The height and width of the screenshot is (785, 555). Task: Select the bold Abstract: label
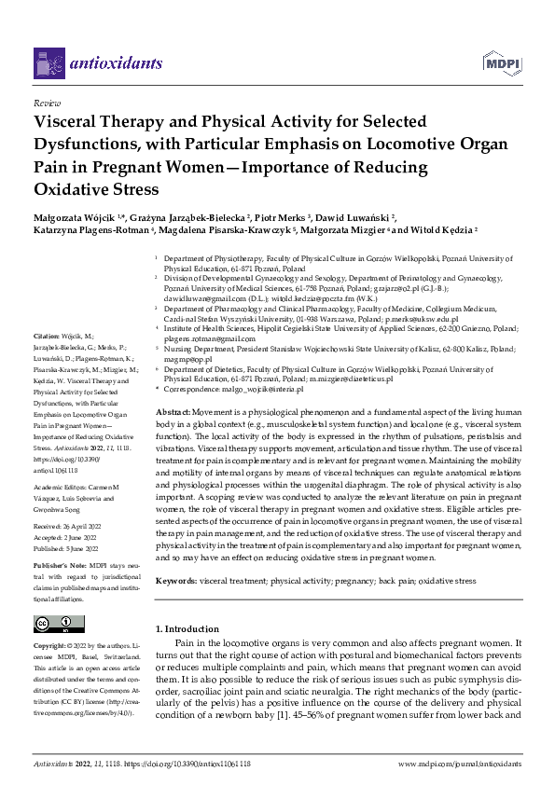[173, 411]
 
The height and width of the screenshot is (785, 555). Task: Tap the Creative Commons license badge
[54, 623]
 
